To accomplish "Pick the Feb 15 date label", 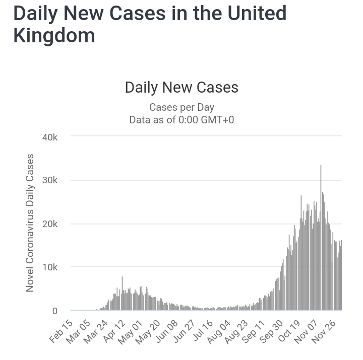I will coord(62,330).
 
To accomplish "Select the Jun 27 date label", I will coord(184,330).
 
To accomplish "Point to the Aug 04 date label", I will coord(218,330).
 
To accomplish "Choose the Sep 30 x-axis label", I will coord(271,330).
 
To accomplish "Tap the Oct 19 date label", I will coord(288,330).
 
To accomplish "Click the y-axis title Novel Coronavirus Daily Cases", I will coord(30,223).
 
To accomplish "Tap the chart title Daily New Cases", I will coord(181,88).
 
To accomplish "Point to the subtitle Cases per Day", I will coord(181,107).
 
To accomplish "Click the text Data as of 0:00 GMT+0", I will coord(181,120).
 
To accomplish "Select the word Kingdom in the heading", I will coord(54,35).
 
